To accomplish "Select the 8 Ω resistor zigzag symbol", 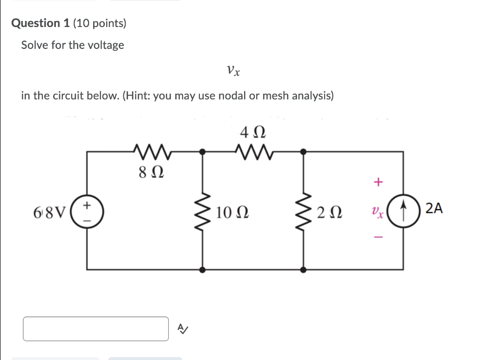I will (151, 151).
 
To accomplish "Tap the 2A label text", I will (434, 209).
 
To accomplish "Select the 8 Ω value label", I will (151, 173).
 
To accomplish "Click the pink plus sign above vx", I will (378, 182).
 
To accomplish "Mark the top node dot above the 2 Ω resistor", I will (304, 151).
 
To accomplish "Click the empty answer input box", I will (96, 329).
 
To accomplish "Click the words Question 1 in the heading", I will (41, 23).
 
